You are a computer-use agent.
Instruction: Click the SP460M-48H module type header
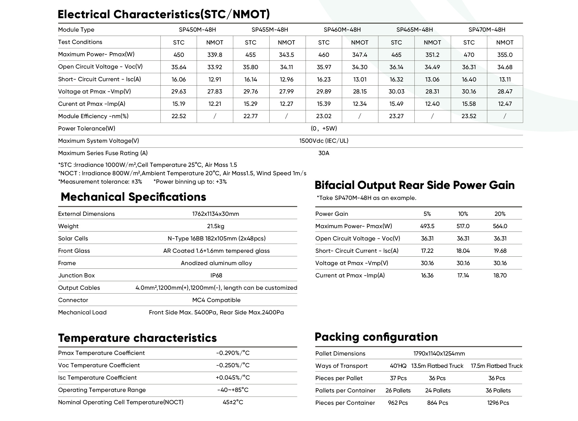click(342, 30)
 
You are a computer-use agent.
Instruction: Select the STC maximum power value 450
click(179, 55)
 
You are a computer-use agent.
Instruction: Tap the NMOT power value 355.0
click(505, 55)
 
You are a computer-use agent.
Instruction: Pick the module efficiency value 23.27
click(396, 116)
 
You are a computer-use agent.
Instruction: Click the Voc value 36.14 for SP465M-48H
click(396, 67)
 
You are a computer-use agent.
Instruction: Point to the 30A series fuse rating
click(324, 153)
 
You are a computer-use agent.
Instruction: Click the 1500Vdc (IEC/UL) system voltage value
click(324, 141)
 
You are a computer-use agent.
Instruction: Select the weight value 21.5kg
click(216, 226)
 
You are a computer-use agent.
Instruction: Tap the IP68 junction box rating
click(216, 275)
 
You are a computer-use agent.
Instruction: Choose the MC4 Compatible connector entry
click(216, 300)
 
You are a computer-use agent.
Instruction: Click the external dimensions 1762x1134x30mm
click(216, 214)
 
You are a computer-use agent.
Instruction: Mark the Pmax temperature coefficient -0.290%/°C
click(233, 353)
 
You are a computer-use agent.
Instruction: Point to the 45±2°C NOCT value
click(233, 402)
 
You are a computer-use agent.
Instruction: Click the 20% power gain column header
click(500, 214)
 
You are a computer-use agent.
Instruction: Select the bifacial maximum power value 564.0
click(500, 226)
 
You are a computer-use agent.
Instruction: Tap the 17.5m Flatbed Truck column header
click(497, 366)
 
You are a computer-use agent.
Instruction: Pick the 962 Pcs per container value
click(398, 403)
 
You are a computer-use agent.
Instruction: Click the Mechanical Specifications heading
click(133, 197)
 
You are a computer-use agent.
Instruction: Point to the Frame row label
click(67, 263)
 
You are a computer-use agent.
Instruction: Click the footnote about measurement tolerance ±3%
click(100, 182)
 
